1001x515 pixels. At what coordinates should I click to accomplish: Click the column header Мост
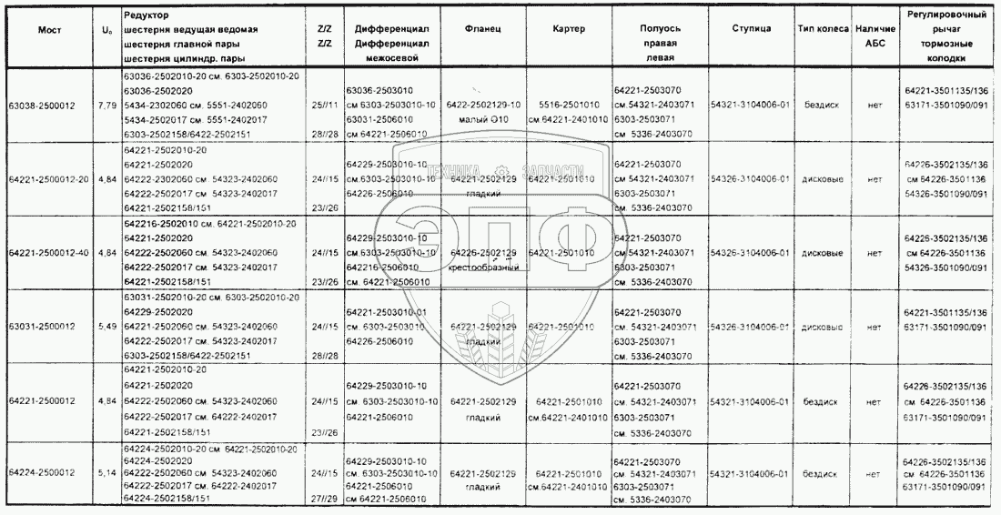click(x=49, y=29)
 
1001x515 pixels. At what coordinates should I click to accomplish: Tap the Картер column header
click(x=568, y=29)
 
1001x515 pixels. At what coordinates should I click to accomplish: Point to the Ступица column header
click(x=751, y=29)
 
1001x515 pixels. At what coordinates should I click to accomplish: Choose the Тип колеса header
click(x=821, y=29)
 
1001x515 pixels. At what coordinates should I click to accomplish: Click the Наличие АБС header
click(x=875, y=35)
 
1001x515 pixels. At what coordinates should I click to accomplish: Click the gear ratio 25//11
click(x=324, y=105)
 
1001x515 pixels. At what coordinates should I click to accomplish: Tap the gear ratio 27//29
click(x=324, y=500)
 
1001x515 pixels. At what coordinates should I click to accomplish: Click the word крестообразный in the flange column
click(x=483, y=267)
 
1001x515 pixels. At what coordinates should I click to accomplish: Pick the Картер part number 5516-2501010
click(x=568, y=105)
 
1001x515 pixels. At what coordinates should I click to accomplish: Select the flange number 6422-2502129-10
click(x=483, y=105)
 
